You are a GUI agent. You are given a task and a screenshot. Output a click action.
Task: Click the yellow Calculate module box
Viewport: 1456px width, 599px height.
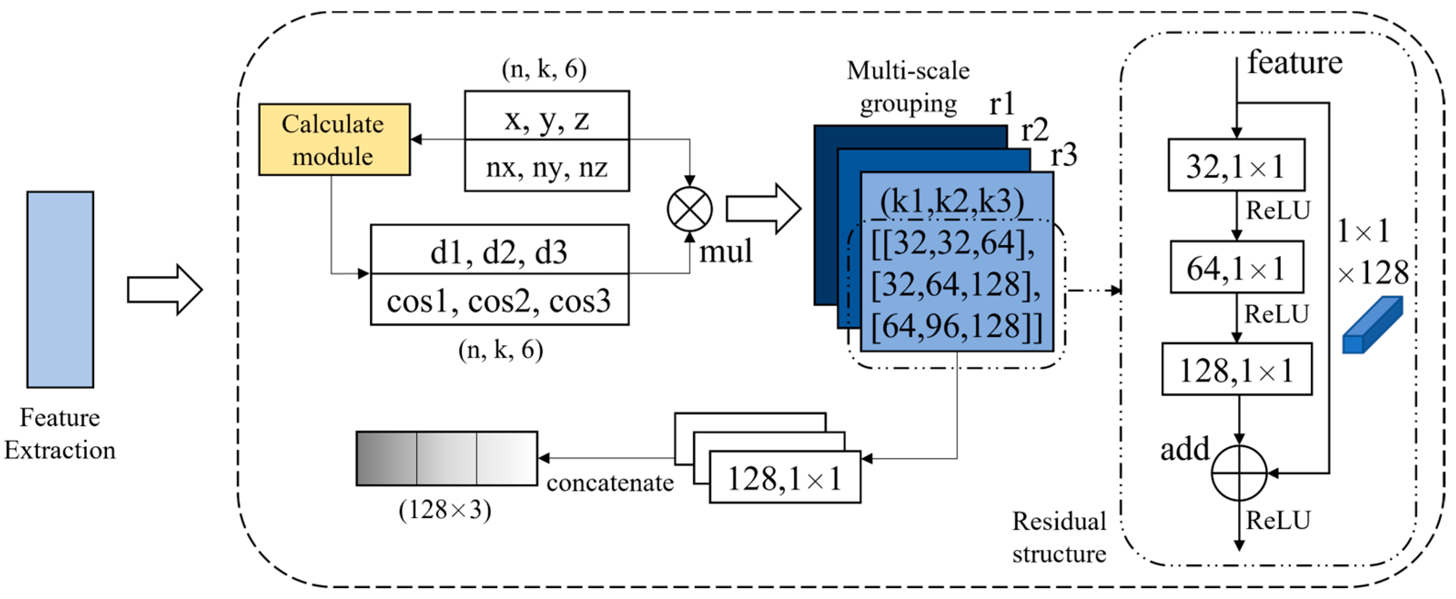tap(334, 140)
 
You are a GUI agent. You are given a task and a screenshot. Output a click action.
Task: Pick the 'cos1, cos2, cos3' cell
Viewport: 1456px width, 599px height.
tap(499, 300)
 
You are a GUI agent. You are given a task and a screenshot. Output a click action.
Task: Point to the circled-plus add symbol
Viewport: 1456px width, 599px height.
tap(1239, 473)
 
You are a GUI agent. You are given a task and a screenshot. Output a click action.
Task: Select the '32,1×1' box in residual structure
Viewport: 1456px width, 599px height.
tap(1236, 165)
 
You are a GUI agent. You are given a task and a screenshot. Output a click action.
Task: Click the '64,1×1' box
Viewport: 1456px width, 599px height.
tap(1236, 267)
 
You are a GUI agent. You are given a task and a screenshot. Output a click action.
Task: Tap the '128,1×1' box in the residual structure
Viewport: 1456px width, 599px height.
tap(1236, 369)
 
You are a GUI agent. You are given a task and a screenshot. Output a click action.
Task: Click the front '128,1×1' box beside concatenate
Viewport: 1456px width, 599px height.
tap(784, 478)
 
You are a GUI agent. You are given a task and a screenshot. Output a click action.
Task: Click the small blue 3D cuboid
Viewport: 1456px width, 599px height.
tap(1371, 326)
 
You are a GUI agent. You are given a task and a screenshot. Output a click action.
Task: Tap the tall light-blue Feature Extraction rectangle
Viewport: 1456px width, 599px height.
tap(61, 289)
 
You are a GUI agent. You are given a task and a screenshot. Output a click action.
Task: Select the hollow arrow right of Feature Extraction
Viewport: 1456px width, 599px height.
tap(164, 289)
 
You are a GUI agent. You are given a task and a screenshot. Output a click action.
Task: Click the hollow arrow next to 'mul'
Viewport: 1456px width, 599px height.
tap(763, 209)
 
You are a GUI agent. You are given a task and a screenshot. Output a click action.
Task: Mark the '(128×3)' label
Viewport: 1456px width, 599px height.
tap(445, 510)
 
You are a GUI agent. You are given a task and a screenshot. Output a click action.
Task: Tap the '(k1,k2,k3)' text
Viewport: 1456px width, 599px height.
tap(952, 201)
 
